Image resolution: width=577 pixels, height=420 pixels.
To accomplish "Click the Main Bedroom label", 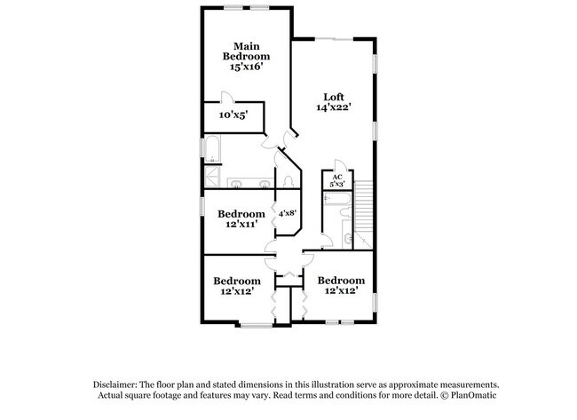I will click(246, 51).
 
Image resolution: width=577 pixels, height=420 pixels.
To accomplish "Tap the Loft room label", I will click(333, 98).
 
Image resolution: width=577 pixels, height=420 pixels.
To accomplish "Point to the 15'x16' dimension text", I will click(246, 66).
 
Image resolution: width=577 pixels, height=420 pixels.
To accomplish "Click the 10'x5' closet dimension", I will click(233, 115).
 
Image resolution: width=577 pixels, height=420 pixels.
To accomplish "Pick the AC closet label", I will click(336, 178).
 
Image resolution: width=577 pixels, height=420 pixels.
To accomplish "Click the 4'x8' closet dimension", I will click(287, 214).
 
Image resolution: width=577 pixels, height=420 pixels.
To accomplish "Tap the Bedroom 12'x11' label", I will click(241, 214).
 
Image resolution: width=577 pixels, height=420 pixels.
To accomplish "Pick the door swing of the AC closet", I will click(336, 165).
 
